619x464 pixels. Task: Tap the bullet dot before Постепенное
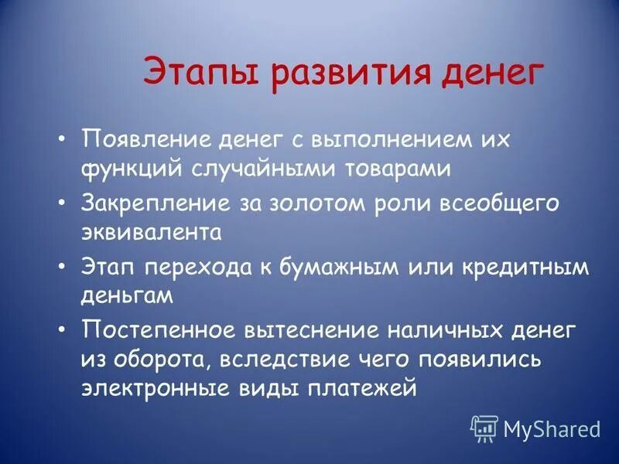[61, 328]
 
